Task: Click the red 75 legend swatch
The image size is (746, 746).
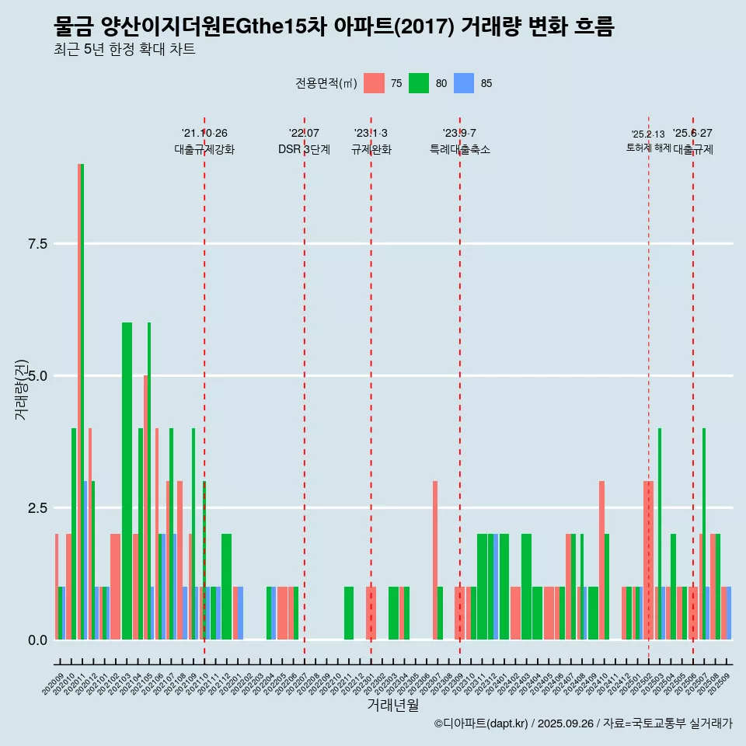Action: [x=375, y=83]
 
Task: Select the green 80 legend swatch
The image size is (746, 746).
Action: [x=419, y=83]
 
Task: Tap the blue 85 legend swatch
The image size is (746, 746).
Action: [x=464, y=83]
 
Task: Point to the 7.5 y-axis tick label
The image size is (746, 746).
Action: [x=38, y=244]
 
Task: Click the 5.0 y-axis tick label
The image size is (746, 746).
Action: [x=38, y=376]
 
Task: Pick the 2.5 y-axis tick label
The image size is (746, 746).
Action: [x=38, y=508]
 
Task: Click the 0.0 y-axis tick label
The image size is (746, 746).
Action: [x=38, y=640]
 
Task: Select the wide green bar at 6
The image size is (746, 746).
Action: [x=127, y=482]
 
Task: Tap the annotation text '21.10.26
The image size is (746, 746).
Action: [x=204, y=133]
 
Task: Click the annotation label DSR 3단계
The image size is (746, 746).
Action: [x=304, y=149]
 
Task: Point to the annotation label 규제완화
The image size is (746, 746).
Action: [x=371, y=149]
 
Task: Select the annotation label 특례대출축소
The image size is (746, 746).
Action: [x=460, y=149]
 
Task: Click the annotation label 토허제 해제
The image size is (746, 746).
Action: [x=648, y=148]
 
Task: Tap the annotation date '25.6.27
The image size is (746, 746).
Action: [x=692, y=133]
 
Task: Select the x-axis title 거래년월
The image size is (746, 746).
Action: [x=392, y=706]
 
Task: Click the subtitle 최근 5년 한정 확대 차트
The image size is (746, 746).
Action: [x=124, y=50]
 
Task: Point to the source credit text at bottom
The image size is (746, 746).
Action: [x=583, y=723]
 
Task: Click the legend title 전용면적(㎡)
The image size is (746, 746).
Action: [x=326, y=84]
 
